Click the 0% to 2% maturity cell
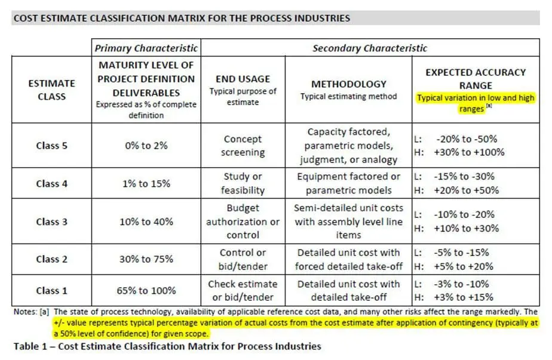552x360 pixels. pos(146,146)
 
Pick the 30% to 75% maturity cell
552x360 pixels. pos(146,259)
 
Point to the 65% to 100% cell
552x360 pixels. pos(146,291)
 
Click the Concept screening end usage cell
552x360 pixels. pos(243,146)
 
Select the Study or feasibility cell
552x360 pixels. pos(243,183)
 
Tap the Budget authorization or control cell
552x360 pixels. pos(243,221)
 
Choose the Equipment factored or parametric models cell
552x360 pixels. pos(349,183)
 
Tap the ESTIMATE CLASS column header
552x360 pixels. pos(51,90)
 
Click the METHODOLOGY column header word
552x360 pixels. pos(349,84)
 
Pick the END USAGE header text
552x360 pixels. pos(243,78)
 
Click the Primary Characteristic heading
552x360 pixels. pos(146,48)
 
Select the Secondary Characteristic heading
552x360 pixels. pos(370,48)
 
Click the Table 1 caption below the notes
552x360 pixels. pos(167,346)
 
